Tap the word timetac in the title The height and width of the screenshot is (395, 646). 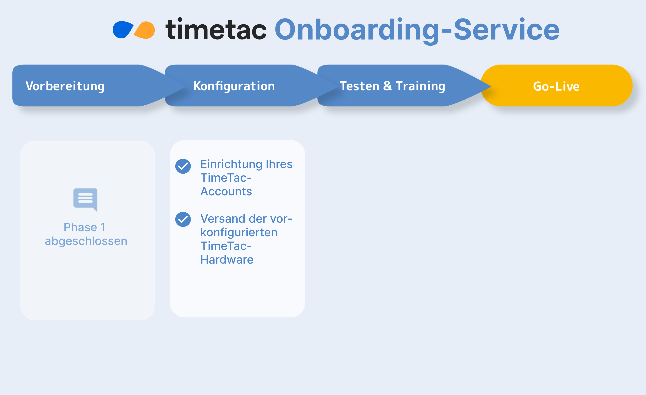click(216, 29)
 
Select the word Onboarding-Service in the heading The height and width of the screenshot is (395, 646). click(417, 31)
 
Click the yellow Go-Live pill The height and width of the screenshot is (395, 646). click(556, 85)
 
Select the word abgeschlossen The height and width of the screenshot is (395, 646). click(86, 241)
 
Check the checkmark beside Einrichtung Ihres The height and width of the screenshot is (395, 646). click(183, 166)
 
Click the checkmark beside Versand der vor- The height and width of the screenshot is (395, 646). click(183, 219)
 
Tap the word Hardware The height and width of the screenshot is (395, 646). click(227, 260)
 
